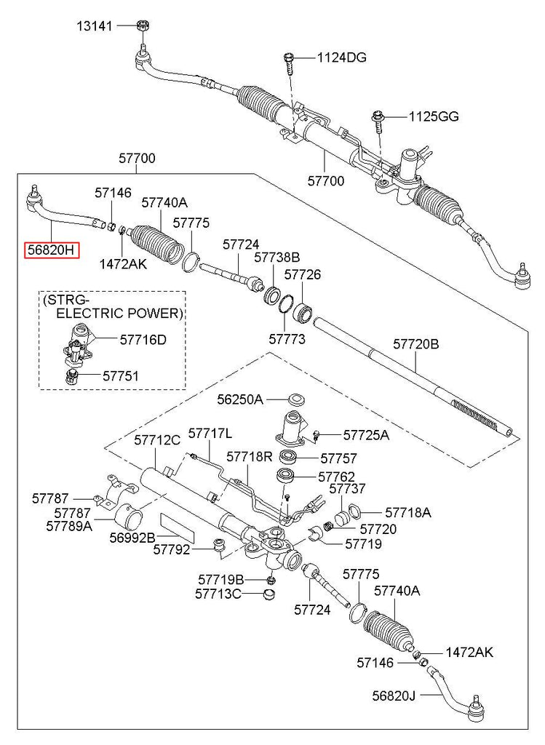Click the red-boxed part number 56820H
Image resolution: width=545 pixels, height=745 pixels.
point(52,250)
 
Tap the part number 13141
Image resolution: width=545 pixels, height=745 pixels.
point(96,27)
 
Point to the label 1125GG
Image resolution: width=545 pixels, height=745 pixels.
point(434,116)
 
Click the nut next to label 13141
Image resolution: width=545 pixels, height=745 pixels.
point(143,27)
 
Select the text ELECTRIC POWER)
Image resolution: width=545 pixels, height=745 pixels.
point(119,314)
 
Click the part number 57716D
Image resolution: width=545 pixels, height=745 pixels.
point(143,339)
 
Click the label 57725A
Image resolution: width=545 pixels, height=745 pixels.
point(366,435)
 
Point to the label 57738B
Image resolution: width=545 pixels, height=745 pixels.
point(277,257)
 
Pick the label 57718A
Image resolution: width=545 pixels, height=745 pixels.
point(407,512)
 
